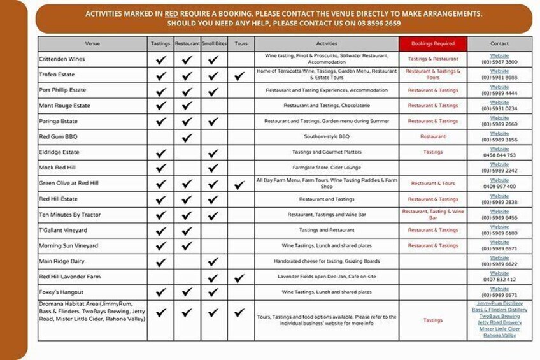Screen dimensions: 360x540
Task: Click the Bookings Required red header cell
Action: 433,44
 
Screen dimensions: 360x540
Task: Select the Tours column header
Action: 241,44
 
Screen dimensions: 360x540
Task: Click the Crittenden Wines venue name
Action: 62,59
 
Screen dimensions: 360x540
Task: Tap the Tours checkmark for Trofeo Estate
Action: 239,75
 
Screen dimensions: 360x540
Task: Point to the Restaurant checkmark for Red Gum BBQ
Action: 187,137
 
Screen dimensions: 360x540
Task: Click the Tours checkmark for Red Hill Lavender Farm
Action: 239,277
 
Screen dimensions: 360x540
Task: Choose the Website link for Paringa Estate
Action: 499,118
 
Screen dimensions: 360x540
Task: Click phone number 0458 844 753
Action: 499,155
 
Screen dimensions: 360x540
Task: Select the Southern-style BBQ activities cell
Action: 327,137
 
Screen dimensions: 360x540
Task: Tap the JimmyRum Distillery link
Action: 499,304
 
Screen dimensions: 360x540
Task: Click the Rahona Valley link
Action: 499,335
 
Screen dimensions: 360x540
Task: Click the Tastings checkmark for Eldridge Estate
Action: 161,153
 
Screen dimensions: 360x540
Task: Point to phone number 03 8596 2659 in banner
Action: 378,24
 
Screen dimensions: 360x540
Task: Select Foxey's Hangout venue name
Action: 62,292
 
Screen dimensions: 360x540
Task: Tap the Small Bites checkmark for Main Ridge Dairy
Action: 213,261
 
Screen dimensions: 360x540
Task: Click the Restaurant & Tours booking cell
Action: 433,184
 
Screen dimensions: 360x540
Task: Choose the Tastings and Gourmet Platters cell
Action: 327,153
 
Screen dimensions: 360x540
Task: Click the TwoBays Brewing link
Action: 499,316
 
